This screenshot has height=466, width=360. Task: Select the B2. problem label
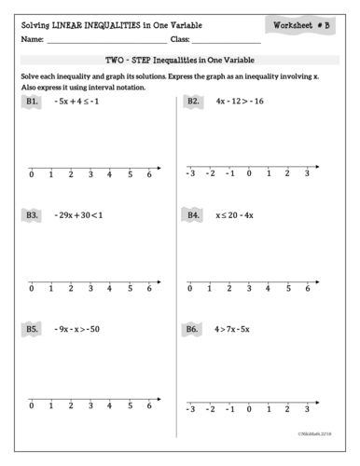pyautogui.click(x=195, y=101)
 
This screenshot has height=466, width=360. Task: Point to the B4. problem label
pyautogui.click(x=195, y=214)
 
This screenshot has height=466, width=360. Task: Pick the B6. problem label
pyautogui.click(x=195, y=328)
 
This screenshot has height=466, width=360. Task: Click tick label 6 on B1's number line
pyautogui.click(x=149, y=174)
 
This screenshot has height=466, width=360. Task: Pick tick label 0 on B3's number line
pyautogui.click(x=32, y=288)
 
